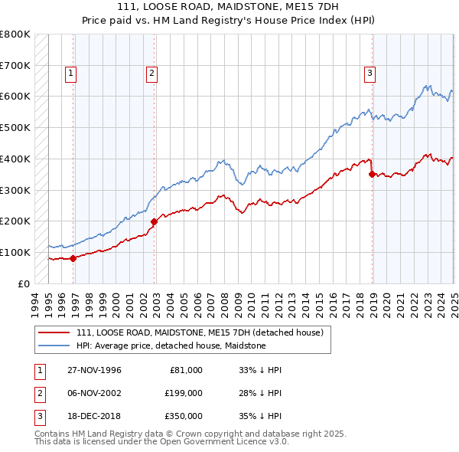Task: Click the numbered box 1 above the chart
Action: (x=70, y=74)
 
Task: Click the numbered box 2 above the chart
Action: (x=151, y=74)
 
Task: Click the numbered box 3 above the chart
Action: (x=369, y=74)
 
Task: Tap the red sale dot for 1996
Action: (x=73, y=258)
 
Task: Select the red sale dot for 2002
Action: (x=154, y=221)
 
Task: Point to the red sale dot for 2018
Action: (x=372, y=174)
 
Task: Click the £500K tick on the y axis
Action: (x=15, y=127)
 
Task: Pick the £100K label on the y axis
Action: (x=15, y=252)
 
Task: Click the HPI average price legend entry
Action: (x=171, y=346)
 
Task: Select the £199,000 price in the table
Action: (x=184, y=393)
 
